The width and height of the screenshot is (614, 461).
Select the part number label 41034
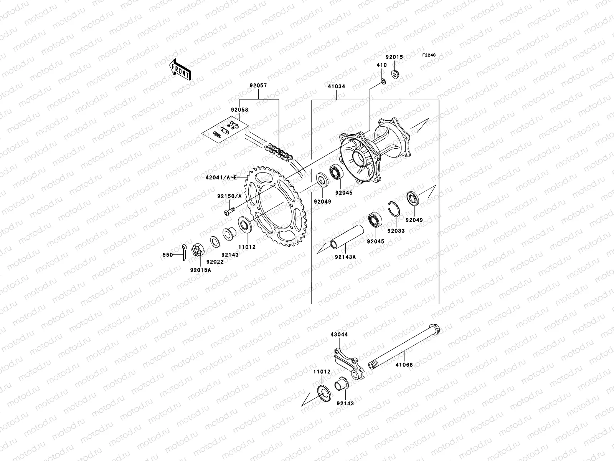[x=336, y=86]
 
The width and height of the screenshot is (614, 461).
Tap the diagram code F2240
[x=429, y=55]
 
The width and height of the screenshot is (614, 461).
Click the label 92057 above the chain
[x=258, y=86]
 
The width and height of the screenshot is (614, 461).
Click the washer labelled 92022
[x=214, y=243]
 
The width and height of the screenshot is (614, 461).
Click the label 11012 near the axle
[x=322, y=372]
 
